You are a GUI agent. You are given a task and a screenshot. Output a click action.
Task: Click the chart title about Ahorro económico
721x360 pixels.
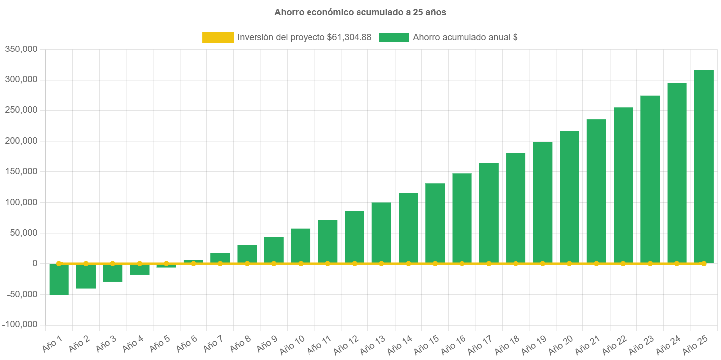360,13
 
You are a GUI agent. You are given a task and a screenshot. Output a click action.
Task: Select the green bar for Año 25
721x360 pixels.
703,166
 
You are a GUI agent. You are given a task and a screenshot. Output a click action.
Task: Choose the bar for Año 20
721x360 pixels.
569,196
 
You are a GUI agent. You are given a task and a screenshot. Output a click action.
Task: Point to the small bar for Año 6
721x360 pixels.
193,261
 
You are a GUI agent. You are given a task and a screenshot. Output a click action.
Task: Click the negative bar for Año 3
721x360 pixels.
112,273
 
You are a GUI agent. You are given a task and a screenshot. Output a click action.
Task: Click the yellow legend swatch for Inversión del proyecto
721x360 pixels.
218,38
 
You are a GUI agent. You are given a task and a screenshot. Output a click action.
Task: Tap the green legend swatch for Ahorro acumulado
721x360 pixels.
394,38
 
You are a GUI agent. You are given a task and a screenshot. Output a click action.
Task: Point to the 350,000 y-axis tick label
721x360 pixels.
21,49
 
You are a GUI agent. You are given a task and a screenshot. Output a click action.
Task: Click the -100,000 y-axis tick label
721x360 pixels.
20,324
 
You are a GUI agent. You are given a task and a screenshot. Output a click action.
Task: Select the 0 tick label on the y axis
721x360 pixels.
35,263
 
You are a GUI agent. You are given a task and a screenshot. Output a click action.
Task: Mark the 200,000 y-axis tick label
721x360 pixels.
21,141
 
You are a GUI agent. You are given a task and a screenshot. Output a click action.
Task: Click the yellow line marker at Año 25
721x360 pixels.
703,263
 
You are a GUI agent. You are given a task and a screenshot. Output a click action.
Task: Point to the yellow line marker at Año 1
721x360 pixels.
59,263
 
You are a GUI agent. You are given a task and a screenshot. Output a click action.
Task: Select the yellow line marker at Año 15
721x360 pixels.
435,263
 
